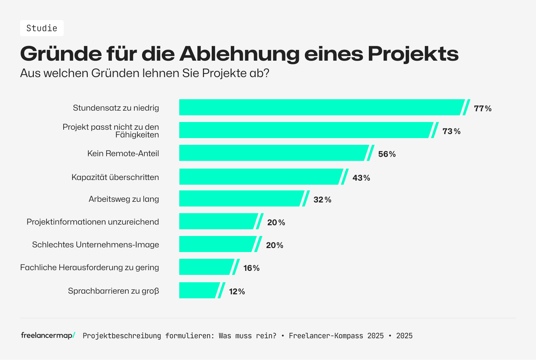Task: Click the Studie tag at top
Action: pos(42,28)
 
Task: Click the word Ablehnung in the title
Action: pos(239,54)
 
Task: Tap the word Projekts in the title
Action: pos(413,54)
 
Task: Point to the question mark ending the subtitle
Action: pos(267,73)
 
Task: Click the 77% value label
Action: pos(482,109)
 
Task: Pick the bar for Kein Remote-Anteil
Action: pos(273,153)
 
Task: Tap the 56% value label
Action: pos(387,154)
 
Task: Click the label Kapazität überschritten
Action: pos(115,177)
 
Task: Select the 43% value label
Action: pos(361,178)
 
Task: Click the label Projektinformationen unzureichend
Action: pos(93,222)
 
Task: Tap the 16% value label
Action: pos(251,268)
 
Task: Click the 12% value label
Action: pos(237,292)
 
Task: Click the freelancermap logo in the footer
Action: pos(48,335)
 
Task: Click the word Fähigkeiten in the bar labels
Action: pos(137,135)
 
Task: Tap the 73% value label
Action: pos(451,131)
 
